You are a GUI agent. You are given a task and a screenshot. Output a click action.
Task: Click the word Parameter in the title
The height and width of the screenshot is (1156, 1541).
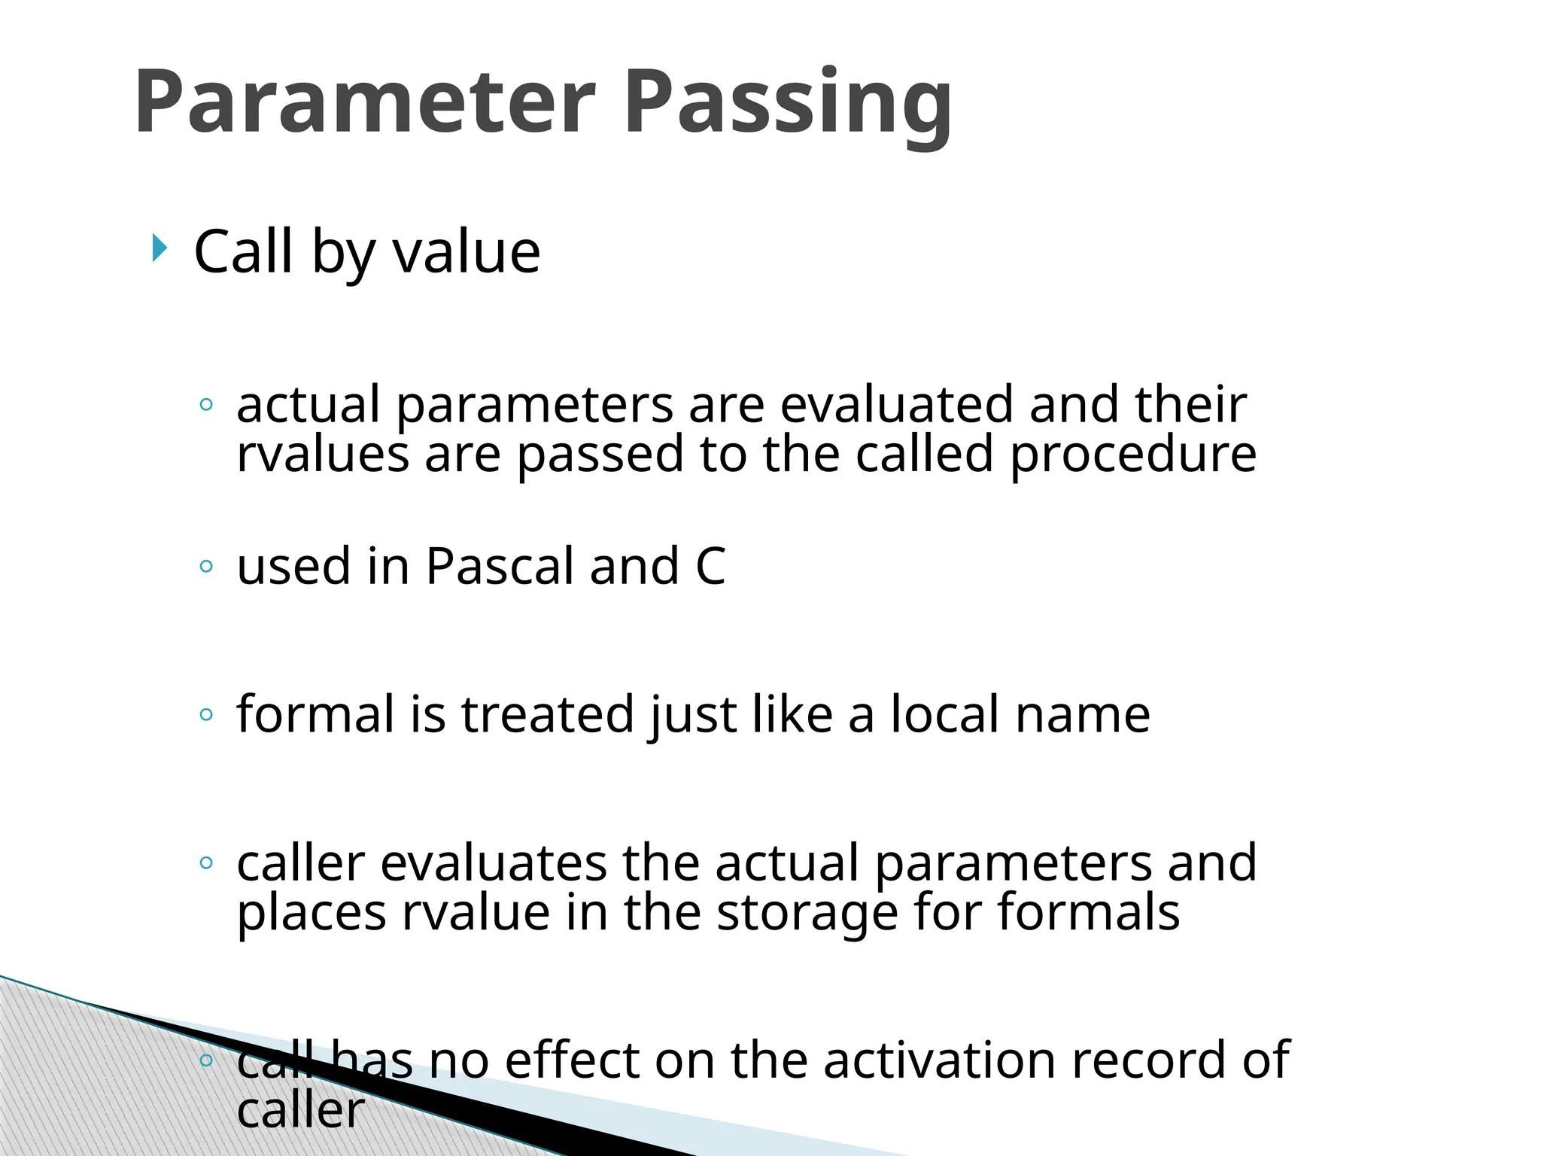pyautogui.click(x=365, y=102)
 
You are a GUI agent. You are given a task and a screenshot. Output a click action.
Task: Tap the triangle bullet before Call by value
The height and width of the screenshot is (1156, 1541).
pyautogui.click(x=159, y=248)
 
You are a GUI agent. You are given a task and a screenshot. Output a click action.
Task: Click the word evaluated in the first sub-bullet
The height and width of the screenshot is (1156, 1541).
pyautogui.click(x=895, y=404)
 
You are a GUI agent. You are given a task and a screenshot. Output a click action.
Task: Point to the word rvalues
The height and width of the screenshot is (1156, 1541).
pyautogui.click(x=323, y=454)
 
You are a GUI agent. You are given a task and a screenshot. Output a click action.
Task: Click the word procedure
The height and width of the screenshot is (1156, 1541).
pyautogui.click(x=1132, y=455)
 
